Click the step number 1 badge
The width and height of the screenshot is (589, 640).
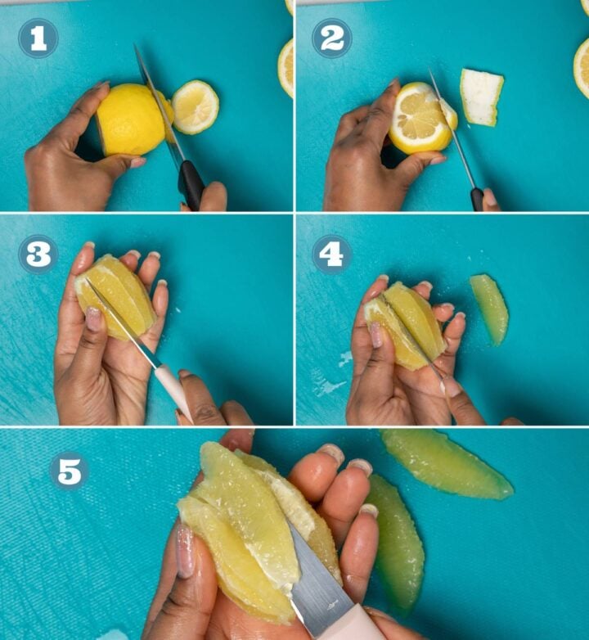(x=38, y=38)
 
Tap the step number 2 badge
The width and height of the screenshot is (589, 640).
(x=331, y=38)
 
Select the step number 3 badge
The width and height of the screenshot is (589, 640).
(x=38, y=255)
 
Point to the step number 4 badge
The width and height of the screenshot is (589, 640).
(x=331, y=255)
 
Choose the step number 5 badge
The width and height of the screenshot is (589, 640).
(x=69, y=471)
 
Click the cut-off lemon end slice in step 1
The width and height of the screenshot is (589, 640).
(x=196, y=106)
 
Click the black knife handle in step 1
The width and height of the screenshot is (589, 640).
(x=191, y=185)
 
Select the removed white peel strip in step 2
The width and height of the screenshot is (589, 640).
(x=480, y=97)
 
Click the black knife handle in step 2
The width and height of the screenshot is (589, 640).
(x=476, y=199)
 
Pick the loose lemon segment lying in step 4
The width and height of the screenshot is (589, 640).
(x=490, y=308)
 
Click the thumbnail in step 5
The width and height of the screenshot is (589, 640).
(x=185, y=552)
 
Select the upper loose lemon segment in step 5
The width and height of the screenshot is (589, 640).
(x=446, y=464)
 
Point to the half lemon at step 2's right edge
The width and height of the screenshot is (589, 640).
(x=582, y=67)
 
